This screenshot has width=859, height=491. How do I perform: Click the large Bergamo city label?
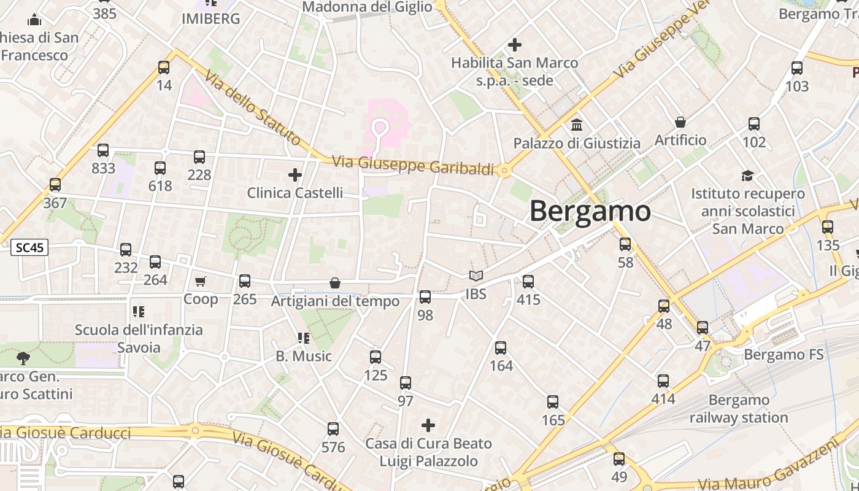[x=590, y=211]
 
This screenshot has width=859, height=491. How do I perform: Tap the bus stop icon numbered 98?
[x=425, y=297]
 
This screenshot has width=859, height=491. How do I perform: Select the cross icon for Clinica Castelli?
[x=295, y=175]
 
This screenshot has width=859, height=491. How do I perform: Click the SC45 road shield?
[x=29, y=248]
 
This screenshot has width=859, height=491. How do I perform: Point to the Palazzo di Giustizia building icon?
[x=577, y=125]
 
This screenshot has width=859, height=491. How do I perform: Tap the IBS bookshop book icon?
[x=476, y=276]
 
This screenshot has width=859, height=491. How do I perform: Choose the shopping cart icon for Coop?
[x=201, y=281]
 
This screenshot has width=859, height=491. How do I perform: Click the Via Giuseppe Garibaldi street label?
[x=413, y=166]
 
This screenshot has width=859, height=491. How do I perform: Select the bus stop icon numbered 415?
[x=528, y=282]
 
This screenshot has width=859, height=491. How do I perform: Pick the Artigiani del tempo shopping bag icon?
[x=335, y=283]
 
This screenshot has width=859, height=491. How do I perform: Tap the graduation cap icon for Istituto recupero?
[x=747, y=176]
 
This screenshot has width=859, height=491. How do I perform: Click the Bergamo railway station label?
[x=739, y=409]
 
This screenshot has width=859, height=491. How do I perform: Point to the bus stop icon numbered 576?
[x=333, y=429]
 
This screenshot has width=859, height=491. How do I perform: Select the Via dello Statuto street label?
[x=252, y=108]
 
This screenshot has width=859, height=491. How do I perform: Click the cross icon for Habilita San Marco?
[x=515, y=45]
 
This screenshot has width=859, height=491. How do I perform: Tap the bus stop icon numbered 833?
[x=103, y=150]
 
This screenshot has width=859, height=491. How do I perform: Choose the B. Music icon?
[x=303, y=338]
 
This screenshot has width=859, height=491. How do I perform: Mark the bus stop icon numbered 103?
[x=797, y=68]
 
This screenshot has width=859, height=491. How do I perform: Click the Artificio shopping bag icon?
[x=680, y=122]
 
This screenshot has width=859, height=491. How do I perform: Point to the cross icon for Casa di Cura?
[x=428, y=425]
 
